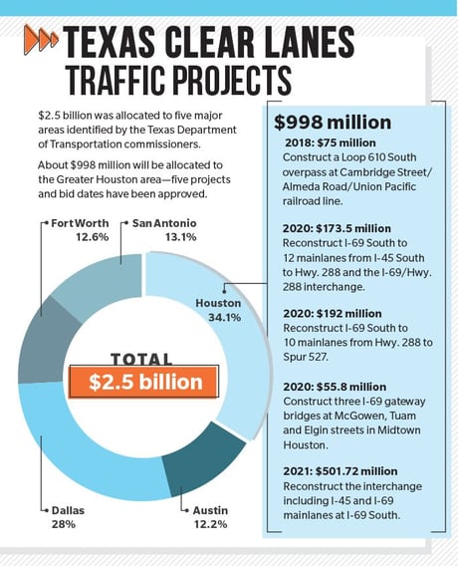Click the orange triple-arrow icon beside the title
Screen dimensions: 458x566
click(41, 39)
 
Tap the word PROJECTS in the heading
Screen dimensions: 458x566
click(232, 80)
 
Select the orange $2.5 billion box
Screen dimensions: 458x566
click(144, 382)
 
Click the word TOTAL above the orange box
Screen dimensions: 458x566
click(141, 359)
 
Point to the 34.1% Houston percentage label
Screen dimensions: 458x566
click(224, 318)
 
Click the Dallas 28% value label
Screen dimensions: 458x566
click(63, 524)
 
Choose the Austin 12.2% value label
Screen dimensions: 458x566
click(210, 524)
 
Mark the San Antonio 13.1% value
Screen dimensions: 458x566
click(181, 237)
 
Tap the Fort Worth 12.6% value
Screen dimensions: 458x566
click(93, 237)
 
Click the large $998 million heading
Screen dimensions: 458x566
click(333, 123)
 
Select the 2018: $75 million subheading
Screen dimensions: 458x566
click(331, 142)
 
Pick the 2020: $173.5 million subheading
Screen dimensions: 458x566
click(337, 228)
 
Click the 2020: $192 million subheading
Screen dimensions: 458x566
click(333, 314)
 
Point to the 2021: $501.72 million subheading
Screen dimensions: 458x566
click(341, 471)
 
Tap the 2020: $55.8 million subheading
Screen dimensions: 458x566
click(335, 387)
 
